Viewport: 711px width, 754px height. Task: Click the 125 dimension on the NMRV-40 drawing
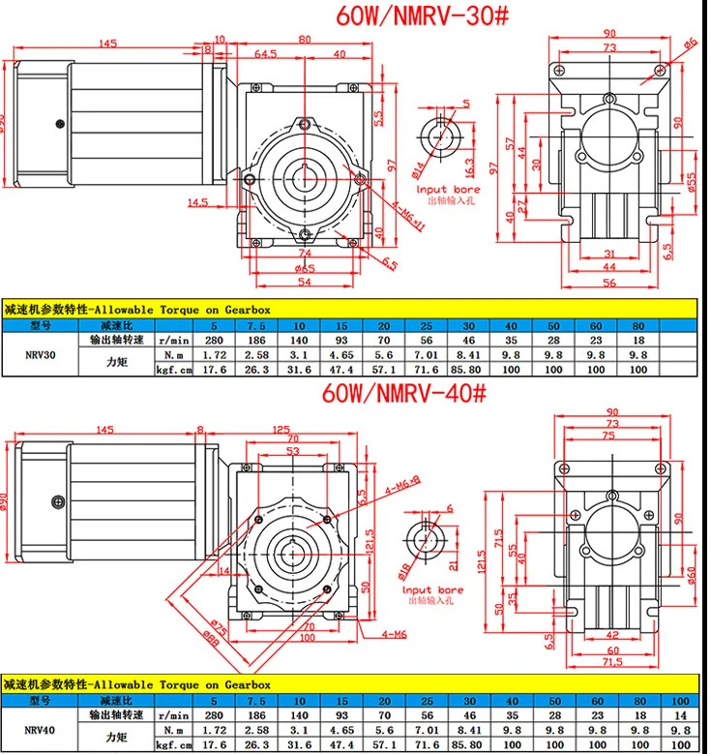(282, 429)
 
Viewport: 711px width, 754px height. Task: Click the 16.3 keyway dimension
(468, 166)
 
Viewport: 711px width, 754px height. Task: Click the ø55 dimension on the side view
(667, 184)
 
